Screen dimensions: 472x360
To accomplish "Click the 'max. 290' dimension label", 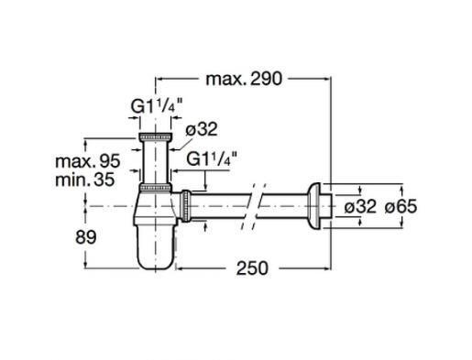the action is click(244, 79).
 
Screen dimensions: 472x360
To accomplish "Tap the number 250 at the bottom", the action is click(252, 268).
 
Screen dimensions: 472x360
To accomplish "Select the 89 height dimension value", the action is click(86, 237).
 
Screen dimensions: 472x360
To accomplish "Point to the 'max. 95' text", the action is click(88, 161).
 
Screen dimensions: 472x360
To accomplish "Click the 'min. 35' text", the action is click(85, 180).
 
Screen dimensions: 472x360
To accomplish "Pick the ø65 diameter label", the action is click(401, 206).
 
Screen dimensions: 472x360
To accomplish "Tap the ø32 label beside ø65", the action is click(360, 206).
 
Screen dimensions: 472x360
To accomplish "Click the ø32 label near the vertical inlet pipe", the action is click(202, 129).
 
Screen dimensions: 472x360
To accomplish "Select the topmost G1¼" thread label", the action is click(157, 106).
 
